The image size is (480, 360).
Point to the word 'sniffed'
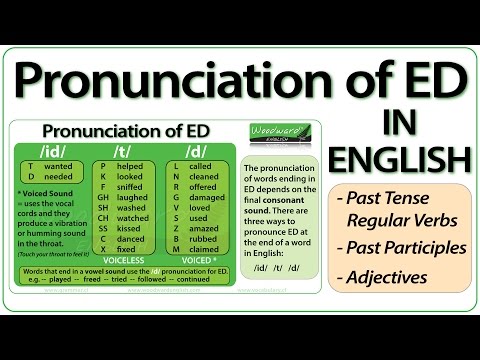132,187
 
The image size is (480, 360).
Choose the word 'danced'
132,240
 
